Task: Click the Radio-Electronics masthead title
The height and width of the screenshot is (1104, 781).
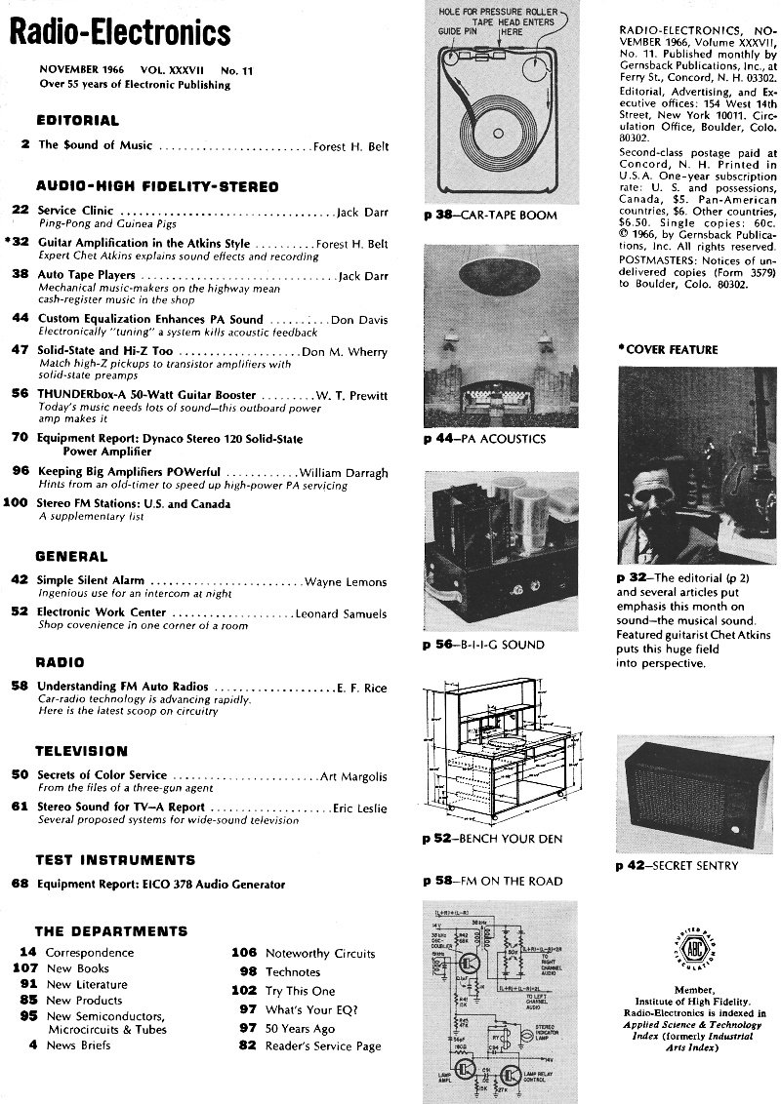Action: (x=119, y=34)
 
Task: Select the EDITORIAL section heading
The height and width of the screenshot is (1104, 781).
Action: (x=77, y=121)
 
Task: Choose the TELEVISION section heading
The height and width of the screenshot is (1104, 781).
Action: (x=81, y=751)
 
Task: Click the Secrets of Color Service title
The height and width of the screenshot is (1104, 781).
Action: (x=102, y=775)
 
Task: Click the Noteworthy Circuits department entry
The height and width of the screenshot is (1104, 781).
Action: (x=306, y=953)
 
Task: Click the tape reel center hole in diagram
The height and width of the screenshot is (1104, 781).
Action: (x=500, y=132)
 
